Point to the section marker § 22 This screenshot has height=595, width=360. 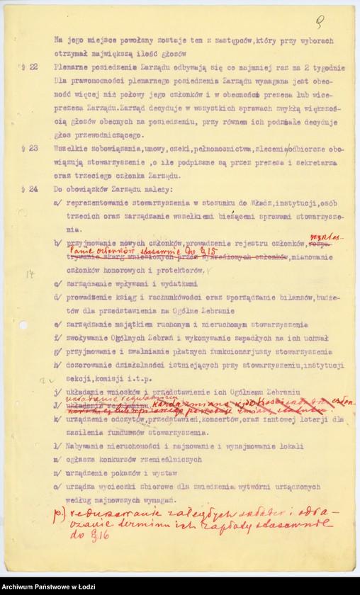coord(30,67)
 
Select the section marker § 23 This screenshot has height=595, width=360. coord(30,149)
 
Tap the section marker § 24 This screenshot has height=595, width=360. coord(30,190)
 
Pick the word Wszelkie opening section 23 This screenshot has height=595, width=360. coord(73,149)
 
